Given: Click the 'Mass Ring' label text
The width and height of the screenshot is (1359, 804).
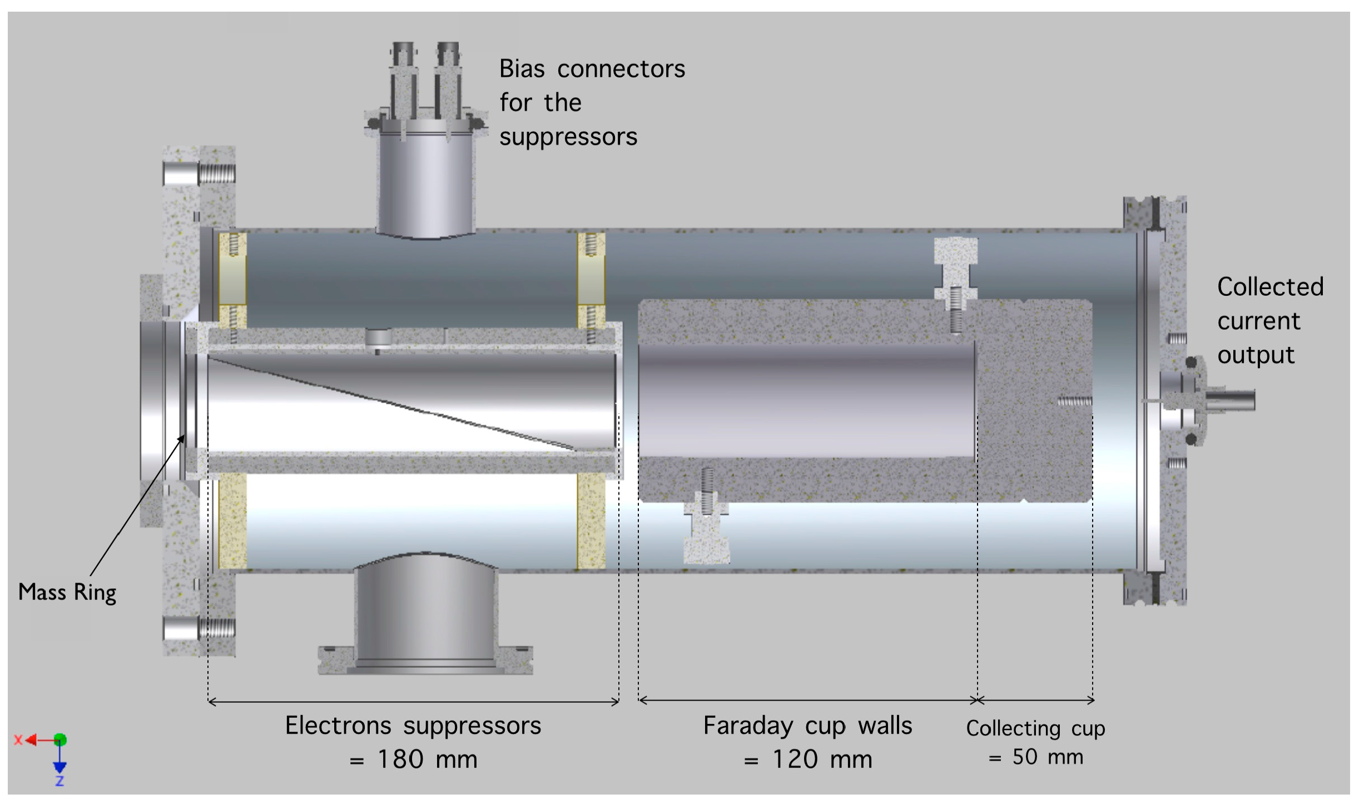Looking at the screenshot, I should pos(67,592).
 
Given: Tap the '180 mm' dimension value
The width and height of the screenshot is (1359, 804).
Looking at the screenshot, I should pos(427,760).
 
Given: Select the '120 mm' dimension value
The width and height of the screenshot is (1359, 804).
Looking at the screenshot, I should pos(822,760).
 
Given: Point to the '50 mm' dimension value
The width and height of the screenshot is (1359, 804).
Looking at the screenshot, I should pos(1048,757).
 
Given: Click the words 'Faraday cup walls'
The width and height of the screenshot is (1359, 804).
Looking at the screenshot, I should pos(807,726).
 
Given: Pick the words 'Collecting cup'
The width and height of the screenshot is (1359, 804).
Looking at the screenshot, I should pos(1035,728).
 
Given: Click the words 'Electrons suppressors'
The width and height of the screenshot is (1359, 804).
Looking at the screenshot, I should pos(413,726).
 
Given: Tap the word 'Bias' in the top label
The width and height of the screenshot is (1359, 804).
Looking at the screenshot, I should pos(522,69).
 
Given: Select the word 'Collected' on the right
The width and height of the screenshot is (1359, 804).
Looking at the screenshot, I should pos(1270,287).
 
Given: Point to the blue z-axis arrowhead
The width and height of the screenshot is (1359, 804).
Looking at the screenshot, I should pos(59,768).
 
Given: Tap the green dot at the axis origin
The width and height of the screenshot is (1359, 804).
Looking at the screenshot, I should pos(60,740).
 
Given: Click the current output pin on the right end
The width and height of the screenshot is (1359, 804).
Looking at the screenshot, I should pos(1237,400).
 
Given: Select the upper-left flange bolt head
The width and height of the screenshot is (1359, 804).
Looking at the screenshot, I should pos(181,174).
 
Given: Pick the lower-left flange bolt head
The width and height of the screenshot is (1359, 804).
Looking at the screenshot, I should pos(181,629).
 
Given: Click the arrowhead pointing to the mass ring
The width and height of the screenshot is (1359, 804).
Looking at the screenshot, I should pos(181,439).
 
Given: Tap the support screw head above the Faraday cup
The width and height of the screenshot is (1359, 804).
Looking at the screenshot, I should pos(955,251).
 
